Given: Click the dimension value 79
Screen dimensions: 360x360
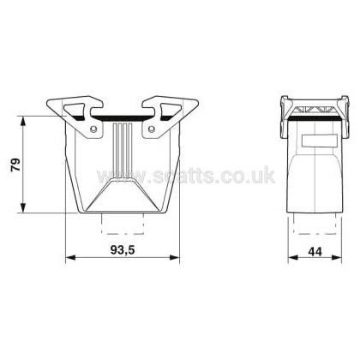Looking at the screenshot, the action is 16,165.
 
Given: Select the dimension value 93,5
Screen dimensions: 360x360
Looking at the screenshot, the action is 123,250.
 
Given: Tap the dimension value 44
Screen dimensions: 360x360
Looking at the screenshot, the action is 315,252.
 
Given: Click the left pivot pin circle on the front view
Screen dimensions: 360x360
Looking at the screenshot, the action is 93,129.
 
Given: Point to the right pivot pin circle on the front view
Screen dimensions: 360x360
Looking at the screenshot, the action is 152,129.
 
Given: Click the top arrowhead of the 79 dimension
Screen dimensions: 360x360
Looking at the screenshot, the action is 23,121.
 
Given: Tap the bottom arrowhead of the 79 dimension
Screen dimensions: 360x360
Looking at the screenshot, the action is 23,207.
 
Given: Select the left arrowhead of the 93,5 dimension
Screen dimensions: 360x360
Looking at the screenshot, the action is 70,257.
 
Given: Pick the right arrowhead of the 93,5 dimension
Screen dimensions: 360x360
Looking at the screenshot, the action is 175,257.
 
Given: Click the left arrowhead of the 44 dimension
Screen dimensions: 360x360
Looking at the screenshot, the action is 293,258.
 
